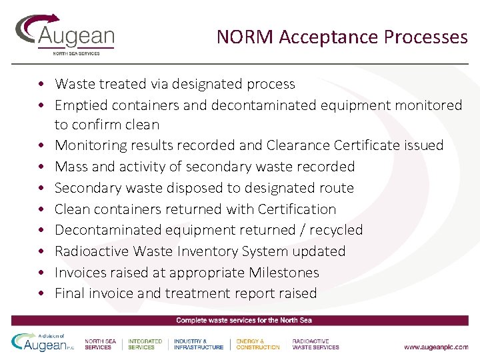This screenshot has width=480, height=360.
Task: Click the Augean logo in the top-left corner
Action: click(65, 35)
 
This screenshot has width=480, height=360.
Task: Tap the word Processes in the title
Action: click(426, 37)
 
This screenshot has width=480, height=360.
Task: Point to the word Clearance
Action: click(298, 145)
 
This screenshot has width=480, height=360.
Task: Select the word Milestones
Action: click(284, 273)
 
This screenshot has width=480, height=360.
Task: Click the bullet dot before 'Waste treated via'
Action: click(41, 85)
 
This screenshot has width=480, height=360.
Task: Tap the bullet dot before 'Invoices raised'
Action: click(41, 273)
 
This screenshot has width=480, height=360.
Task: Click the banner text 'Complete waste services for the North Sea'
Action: click(244, 321)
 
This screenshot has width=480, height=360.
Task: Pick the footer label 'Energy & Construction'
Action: click(258, 344)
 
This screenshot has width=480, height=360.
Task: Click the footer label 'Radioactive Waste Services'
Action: click(315, 344)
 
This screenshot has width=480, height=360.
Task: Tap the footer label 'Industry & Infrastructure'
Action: click(199, 344)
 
